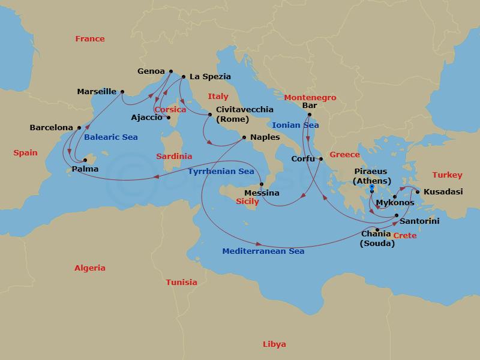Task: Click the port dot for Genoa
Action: click(170, 71)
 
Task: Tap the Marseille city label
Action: click(97, 92)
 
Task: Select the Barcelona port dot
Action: click(79, 128)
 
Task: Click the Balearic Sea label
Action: click(111, 137)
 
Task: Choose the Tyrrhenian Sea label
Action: click(221, 171)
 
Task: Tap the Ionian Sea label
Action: click(295, 125)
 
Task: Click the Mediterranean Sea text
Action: click(263, 251)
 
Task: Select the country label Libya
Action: click(274, 344)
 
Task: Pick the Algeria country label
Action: click(90, 268)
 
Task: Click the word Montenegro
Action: click(310, 98)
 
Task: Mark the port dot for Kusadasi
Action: click(418, 192)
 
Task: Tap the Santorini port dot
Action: click(397, 215)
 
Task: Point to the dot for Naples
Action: click(244, 137)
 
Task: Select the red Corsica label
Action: click(170, 110)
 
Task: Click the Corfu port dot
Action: click(321, 159)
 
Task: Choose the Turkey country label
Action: click(447, 175)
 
